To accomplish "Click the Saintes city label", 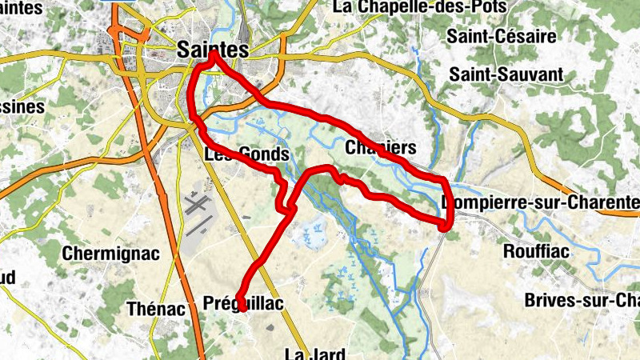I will (211, 50).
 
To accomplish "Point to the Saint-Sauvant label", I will (506, 74).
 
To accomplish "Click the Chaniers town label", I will (382, 148).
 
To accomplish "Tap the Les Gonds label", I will (246, 154).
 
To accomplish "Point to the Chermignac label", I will (110, 254).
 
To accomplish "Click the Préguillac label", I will (244, 304).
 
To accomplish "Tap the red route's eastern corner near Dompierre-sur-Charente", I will (446, 227).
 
